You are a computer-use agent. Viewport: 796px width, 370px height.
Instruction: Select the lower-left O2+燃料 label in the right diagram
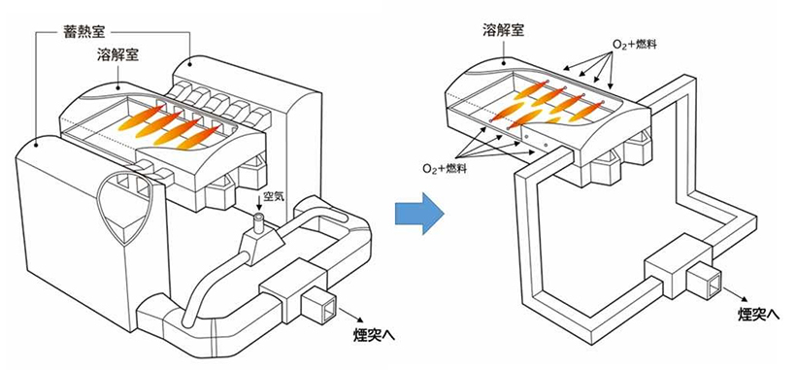pos(443,169)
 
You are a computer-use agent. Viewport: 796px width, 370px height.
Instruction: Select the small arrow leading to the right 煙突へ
pos(738,295)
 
